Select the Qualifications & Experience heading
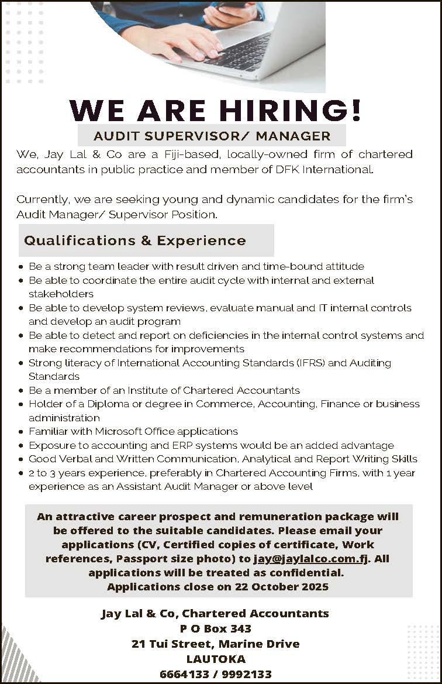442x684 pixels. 135,241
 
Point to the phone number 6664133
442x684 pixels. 184,674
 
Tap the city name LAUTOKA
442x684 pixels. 215,659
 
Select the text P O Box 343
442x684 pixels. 215,628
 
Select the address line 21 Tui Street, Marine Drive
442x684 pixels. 215,644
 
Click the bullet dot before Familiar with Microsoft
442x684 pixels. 21,432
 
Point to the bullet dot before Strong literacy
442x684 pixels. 21,363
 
